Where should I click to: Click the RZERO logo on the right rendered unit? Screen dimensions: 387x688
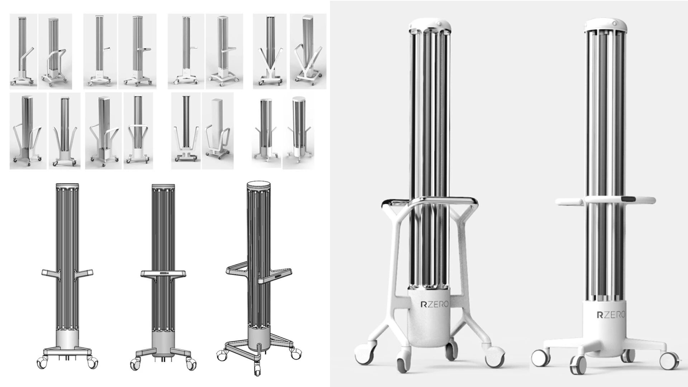[611, 315]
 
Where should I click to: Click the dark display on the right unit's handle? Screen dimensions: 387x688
[629, 199]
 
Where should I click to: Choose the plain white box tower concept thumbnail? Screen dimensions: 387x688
[218, 131]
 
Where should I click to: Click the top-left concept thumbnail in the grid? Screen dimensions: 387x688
[23, 51]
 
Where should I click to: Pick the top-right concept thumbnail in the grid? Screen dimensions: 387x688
[308, 51]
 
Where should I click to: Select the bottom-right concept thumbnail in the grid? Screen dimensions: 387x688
[298, 131]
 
